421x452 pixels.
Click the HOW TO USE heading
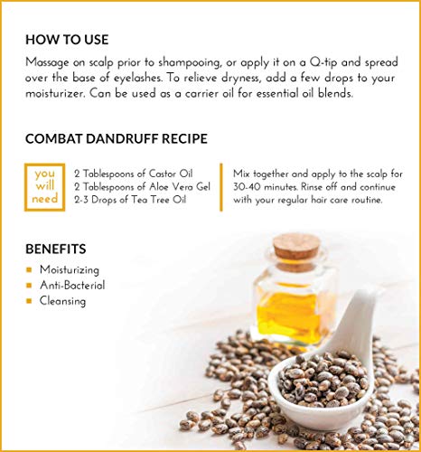(x=67, y=40)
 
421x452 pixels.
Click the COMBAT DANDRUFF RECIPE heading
(x=117, y=139)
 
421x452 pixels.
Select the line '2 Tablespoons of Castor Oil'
(x=134, y=174)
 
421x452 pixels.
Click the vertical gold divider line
(x=221, y=187)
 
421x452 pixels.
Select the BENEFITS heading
(x=56, y=250)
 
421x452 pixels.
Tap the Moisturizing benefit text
(x=70, y=269)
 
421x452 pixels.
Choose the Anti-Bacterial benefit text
(x=72, y=285)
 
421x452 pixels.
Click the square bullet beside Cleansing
(x=29, y=301)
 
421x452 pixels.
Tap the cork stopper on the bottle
(x=296, y=248)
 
